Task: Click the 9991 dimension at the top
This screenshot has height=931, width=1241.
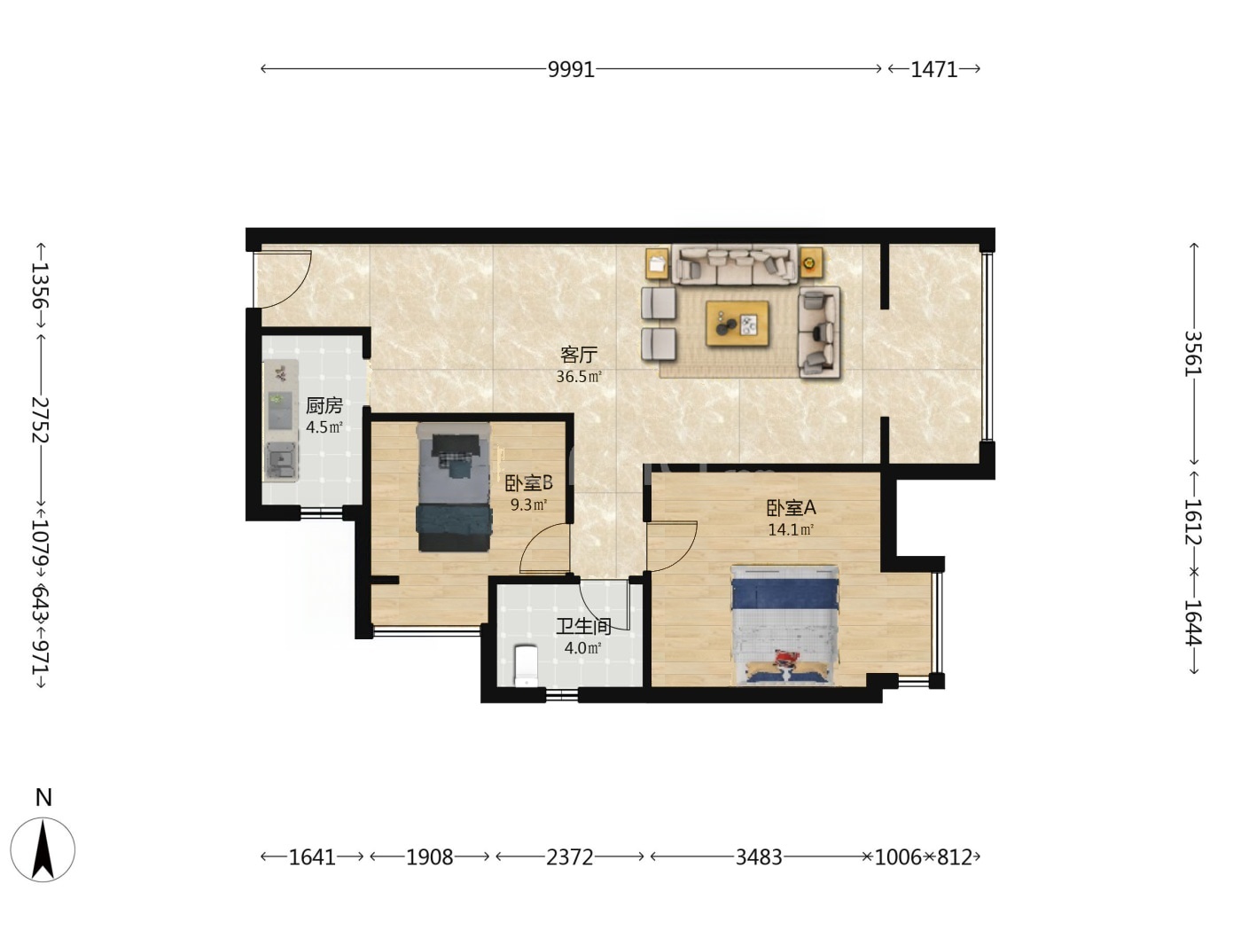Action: pyautogui.click(x=571, y=69)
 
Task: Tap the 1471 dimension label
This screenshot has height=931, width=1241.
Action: pyautogui.click(x=933, y=69)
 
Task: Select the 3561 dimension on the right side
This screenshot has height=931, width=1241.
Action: pyautogui.click(x=1193, y=353)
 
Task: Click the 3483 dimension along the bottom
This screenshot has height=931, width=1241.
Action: pyautogui.click(x=759, y=857)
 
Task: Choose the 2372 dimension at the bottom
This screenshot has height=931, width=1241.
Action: pyautogui.click(x=569, y=857)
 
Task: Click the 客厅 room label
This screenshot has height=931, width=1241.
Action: pyautogui.click(x=578, y=355)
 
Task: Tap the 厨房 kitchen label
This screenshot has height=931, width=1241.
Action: pyautogui.click(x=324, y=405)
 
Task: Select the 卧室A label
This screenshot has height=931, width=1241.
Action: pyautogui.click(x=791, y=508)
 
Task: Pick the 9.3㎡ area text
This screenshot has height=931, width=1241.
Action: pyautogui.click(x=528, y=505)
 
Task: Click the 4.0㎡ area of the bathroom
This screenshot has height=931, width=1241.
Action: pyautogui.click(x=582, y=648)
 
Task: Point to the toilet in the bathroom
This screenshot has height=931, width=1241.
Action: pyautogui.click(x=526, y=666)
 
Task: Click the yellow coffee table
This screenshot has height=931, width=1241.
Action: pyautogui.click(x=738, y=324)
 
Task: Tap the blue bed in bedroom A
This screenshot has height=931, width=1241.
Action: pyautogui.click(x=784, y=625)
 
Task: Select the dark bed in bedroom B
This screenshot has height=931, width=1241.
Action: pyautogui.click(x=454, y=487)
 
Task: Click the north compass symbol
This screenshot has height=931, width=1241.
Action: pyautogui.click(x=43, y=849)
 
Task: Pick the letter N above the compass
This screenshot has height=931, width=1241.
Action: pyautogui.click(x=43, y=798)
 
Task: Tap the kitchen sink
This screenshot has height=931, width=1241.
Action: pyautogui.click(x=281, y=461)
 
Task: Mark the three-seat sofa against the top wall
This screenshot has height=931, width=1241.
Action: pyautogui.click(x=735, y=264)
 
